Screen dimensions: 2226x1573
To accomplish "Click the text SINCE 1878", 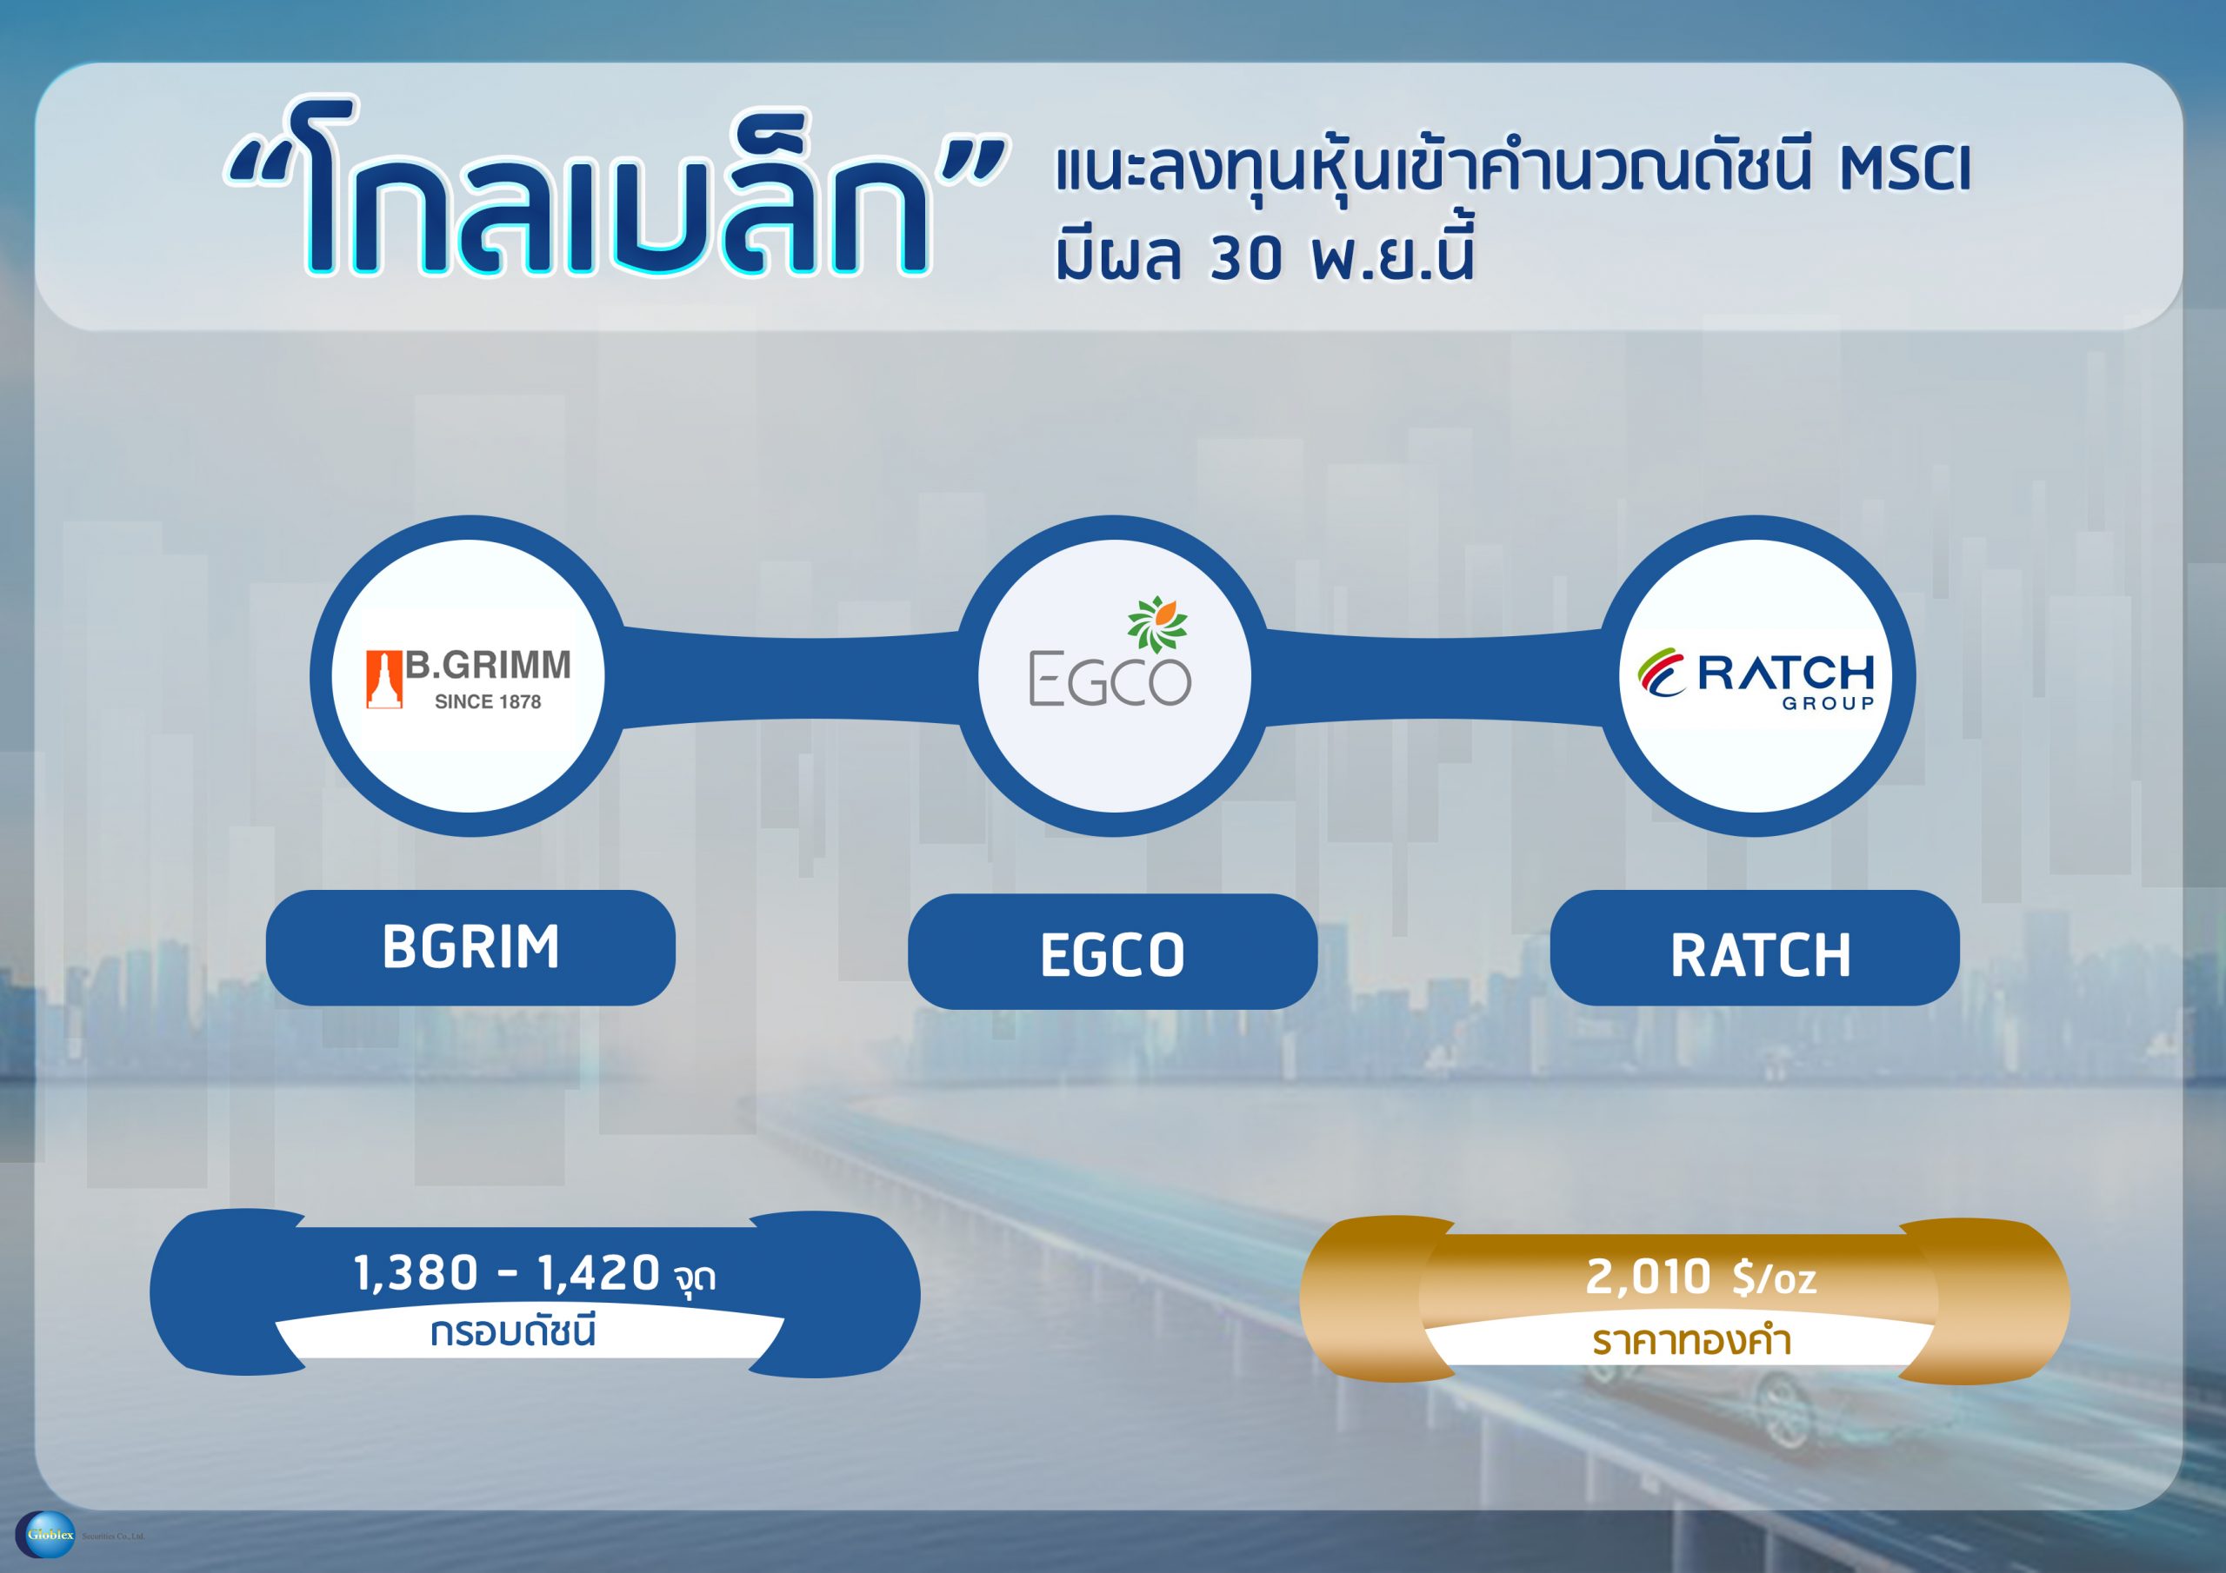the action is pyautogui.click(x=488, y=701).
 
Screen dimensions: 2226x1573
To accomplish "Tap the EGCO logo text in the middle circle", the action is pyautogui.click(x=1110, y=681).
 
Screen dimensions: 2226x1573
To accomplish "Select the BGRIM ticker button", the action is pyautogui.click(x=470, y=947).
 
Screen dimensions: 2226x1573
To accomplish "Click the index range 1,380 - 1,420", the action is pyautogui.click(x=507, y=1273).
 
